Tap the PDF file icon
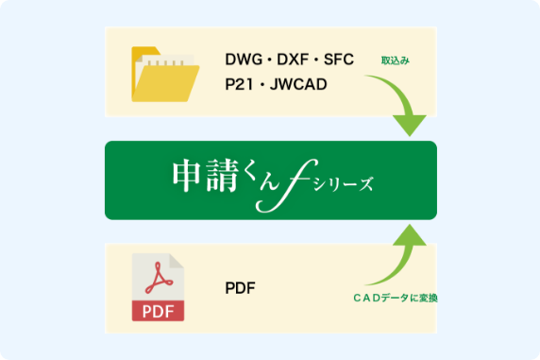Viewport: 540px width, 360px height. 158,287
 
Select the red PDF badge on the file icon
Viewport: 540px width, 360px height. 158,310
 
